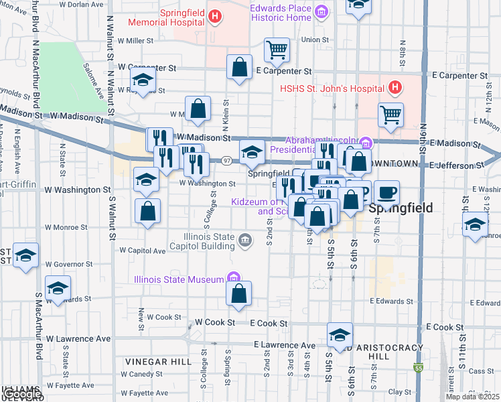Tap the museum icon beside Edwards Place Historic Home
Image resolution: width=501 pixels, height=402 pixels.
click(321, 12)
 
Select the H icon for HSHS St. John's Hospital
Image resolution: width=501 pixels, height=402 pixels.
click(395, 87)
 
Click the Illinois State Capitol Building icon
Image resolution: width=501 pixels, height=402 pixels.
click(246, 240)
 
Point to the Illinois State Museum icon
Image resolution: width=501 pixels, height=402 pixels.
click(233, 277)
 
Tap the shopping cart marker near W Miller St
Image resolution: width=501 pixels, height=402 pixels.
click(277, 50)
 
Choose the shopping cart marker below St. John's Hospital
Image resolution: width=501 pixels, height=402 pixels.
click(390, 114)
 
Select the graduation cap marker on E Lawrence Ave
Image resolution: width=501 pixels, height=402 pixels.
click(340, 334)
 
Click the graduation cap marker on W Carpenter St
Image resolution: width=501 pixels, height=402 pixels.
click(143, 79)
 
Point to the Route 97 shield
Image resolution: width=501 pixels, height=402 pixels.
click(228, 161)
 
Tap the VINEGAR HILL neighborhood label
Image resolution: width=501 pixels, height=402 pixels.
click(153, 361)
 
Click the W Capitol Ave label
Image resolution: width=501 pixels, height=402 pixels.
click(142, 251)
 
